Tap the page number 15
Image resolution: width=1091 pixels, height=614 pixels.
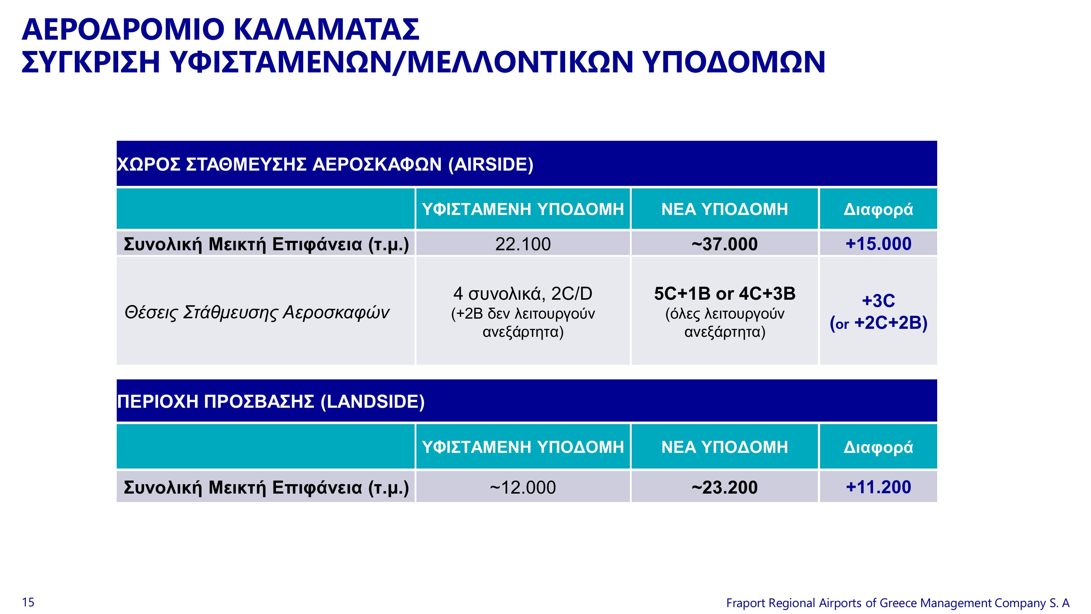pos(28,602)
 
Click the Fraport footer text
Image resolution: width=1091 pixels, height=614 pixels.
pos(898,603)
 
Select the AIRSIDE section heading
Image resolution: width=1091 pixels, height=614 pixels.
pos(325,164)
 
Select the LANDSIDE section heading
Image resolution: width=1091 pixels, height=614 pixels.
pos(271,401)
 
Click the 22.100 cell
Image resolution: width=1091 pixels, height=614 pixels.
pos(523,244)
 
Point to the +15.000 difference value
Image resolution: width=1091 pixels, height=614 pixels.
pos(878,244)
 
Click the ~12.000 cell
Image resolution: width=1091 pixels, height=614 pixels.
pos(523,487)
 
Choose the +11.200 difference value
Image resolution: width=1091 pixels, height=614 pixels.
pos(878,487)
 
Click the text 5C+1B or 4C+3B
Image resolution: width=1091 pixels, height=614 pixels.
pos(725,294)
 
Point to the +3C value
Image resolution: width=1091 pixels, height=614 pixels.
pos(878,301)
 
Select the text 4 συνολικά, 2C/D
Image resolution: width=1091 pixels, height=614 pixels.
pos(523,294)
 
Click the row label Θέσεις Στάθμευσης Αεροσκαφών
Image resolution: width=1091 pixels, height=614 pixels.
pos(257,313)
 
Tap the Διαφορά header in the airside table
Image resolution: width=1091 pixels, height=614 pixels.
pos(878,209)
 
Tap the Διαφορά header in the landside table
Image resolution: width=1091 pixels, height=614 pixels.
pos(878,447)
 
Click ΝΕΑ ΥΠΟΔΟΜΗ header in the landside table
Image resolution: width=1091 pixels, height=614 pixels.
pos(725,447)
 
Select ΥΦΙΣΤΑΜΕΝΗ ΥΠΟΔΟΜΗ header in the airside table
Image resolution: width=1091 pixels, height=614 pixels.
pos(523,209)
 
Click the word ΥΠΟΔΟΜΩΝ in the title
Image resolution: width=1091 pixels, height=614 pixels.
pos(734,62)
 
